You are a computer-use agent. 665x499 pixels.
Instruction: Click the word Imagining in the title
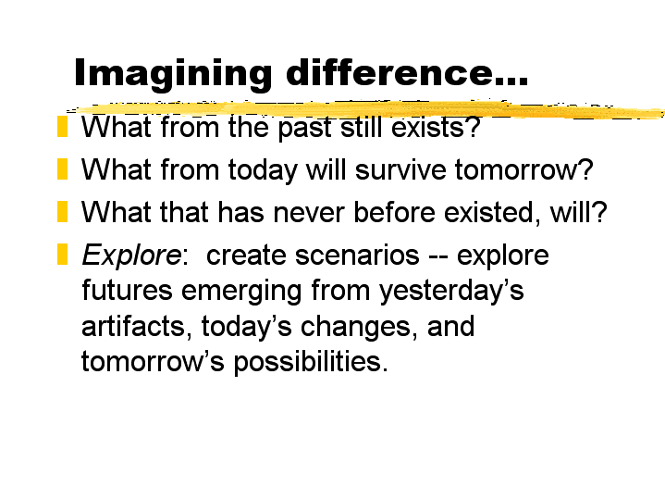click(x=173, y=74)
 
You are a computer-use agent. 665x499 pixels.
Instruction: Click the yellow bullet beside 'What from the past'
click(x=62, y=127)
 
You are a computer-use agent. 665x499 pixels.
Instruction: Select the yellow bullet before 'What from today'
click(x=62, y=169)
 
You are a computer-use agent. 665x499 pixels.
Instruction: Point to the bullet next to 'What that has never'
click(x=62, y=211)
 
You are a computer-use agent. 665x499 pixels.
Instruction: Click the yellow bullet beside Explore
click(x=62, y=254)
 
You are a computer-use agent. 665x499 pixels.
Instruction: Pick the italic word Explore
click(x=131, y=256)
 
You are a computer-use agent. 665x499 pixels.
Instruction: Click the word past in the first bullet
click(x=304, y=129)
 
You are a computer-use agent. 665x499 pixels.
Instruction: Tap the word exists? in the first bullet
click(x=436, y=127)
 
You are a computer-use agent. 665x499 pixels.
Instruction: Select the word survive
click(x=400, y=169)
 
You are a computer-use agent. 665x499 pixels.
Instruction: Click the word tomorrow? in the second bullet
click(x=524, y=169)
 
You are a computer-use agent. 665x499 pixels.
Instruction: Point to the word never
click(x=309, y=213)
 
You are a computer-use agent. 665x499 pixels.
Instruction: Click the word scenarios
click(x=357, y=256)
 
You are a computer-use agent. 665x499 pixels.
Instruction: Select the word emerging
click(x=241, y=293)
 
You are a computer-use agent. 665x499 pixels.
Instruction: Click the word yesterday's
click(x=451, y=293)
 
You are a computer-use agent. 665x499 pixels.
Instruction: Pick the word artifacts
click(x=133, y=327)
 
